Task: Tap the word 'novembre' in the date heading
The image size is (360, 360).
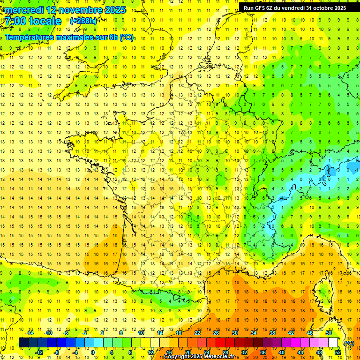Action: point(81,10)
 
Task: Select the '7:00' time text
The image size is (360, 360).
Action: point(15,21)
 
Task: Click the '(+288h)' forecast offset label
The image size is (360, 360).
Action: point(83,21)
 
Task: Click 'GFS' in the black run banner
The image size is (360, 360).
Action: point(261,7)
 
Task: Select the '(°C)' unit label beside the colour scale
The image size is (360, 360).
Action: point(349,343)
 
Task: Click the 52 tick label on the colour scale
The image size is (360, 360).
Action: point(337,352)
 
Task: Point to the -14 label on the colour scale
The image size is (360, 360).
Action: point(30,333)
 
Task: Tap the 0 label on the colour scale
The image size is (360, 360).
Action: point(92,352)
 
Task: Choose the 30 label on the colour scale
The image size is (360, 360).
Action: point(234,333)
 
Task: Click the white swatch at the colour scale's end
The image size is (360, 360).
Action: point(333,343)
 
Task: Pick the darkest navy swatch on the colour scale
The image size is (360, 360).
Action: point(23,343)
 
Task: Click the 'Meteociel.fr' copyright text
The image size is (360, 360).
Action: point(222,357)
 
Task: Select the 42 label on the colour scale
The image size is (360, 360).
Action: point(291,333)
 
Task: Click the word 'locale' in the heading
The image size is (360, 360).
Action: point(45,21)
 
